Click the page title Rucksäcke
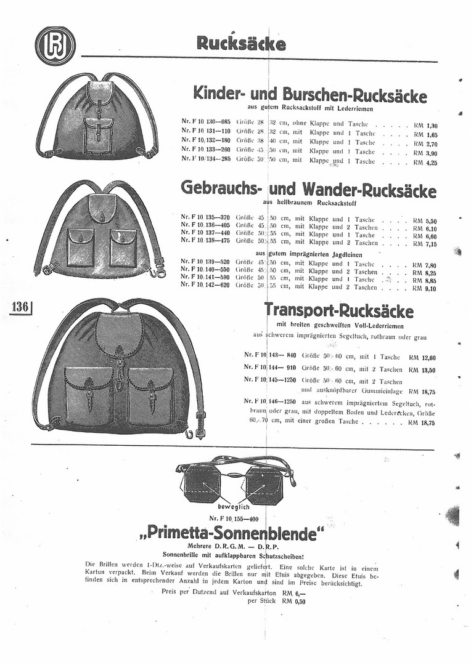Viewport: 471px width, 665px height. tap(241, 44)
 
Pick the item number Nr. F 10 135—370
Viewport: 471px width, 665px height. tap(205, 219)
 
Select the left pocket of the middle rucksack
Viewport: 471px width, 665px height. tap(81, 245)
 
